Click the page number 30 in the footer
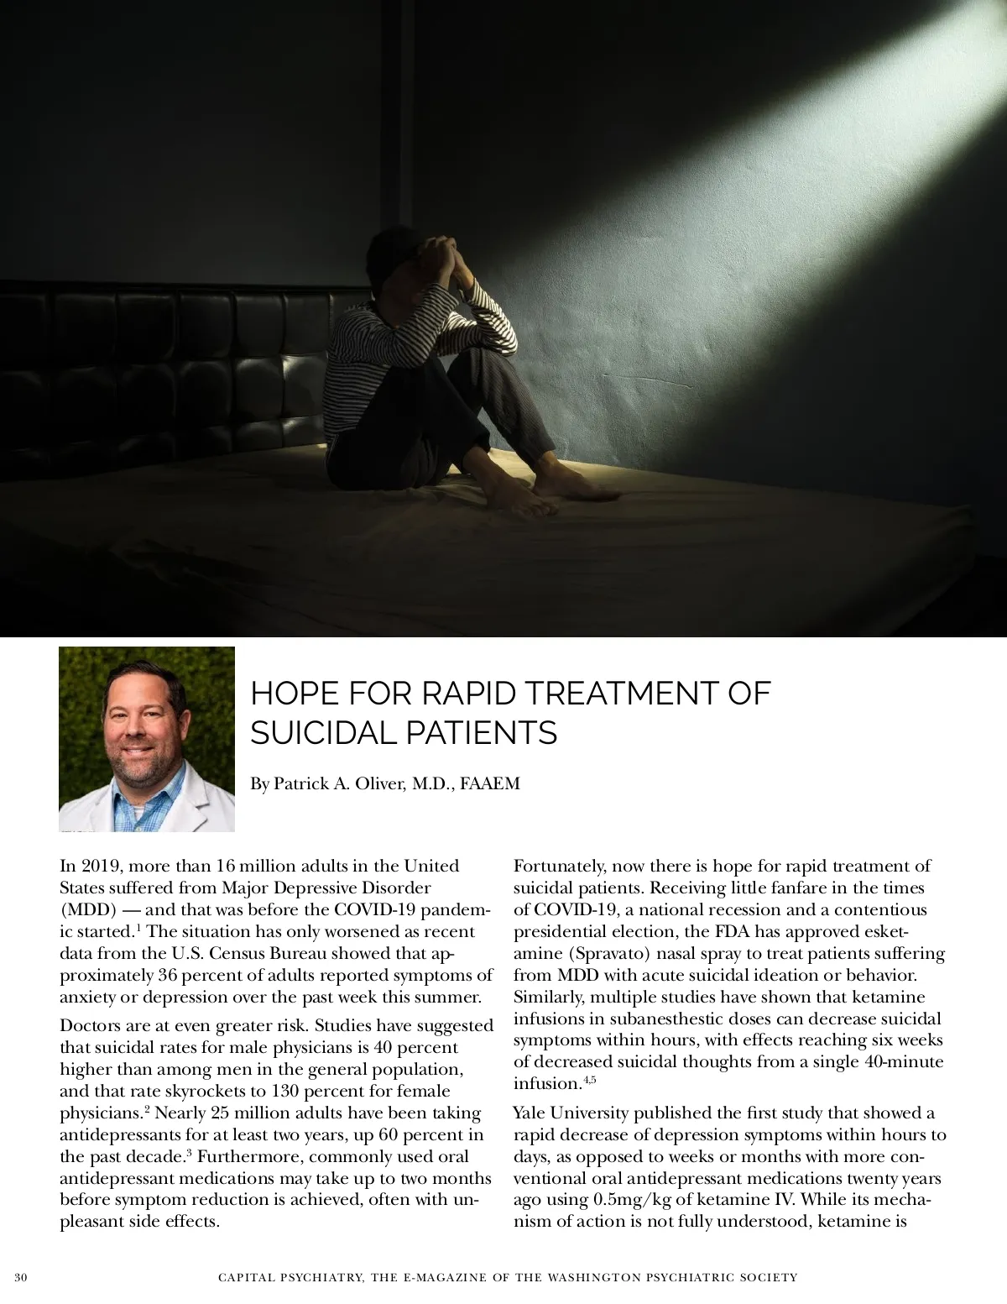(x=21, y=1278)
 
